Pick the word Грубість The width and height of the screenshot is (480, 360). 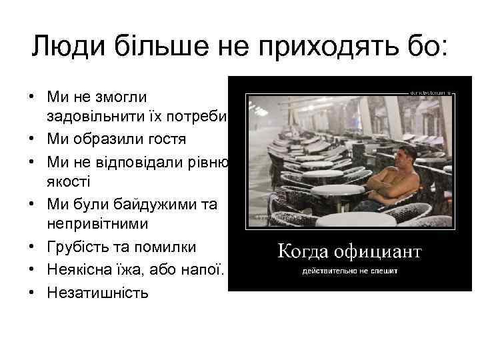(81, 247)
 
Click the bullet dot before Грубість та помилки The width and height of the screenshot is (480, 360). (32, 247)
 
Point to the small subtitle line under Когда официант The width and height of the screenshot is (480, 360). (351, 272)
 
